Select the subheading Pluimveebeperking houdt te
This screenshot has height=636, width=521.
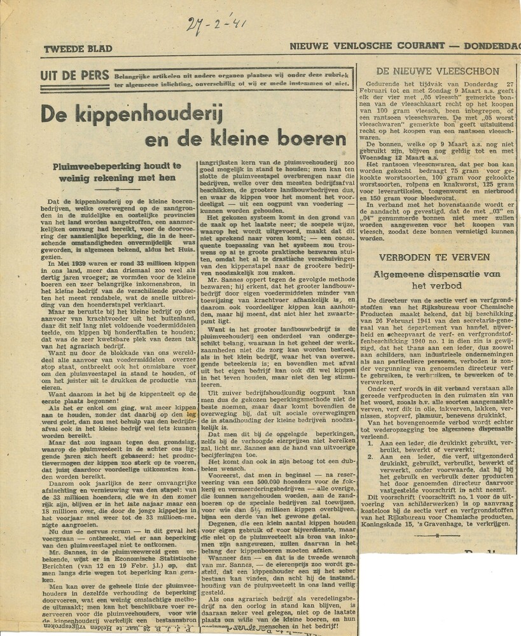[x=117, y=166]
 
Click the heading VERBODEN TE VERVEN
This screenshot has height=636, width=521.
[x=437, y=258]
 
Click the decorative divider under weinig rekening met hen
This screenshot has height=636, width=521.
[x=117, y=189]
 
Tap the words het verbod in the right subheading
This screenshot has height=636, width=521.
[x=436, y=286]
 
